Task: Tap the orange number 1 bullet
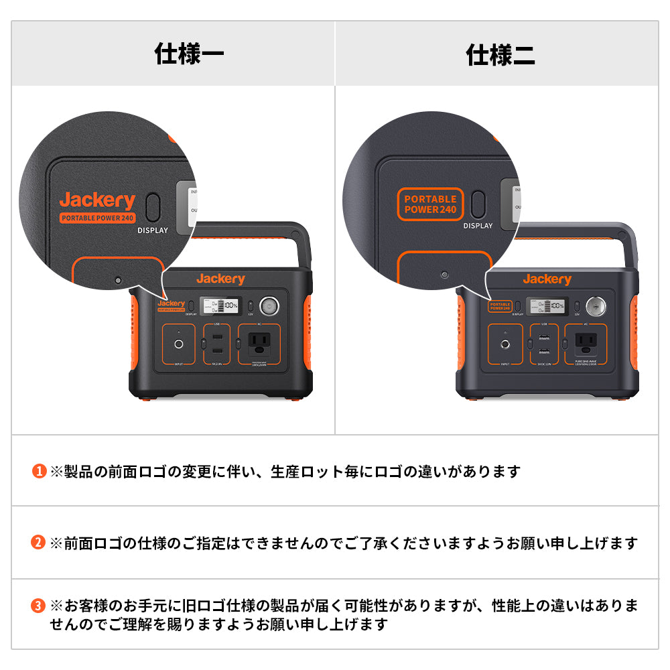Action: coord(39,472)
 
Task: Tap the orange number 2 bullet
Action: coord(39,543)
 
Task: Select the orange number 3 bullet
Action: coord(39,606)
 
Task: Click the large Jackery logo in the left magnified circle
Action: coord(97,200)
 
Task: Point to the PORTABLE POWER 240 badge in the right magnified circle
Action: coord(430,204)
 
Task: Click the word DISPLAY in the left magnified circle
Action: coord(153,230)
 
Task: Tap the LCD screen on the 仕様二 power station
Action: coord(547,307)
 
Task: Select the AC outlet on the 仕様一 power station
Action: coord(260,344)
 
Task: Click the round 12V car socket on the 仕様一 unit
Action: coord(269,306)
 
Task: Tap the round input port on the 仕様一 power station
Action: coord(179,344)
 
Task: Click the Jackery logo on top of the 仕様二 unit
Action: coord(547,279)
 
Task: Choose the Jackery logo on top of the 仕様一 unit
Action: coord(220,279)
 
